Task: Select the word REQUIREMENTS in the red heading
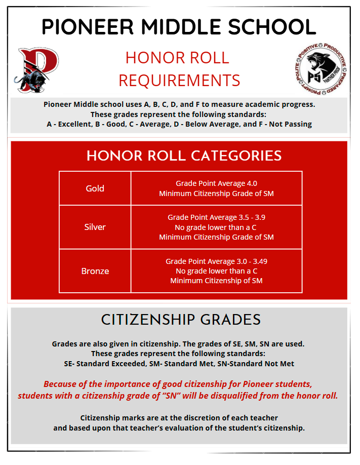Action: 179,80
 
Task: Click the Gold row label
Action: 95,188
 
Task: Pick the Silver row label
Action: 95,227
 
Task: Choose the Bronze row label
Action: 95,271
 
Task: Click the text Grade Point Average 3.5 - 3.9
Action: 216,217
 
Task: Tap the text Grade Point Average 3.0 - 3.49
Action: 216,261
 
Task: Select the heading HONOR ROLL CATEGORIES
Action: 184,156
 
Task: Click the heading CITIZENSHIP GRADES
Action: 181,320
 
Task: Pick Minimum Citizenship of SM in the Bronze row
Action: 216,281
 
